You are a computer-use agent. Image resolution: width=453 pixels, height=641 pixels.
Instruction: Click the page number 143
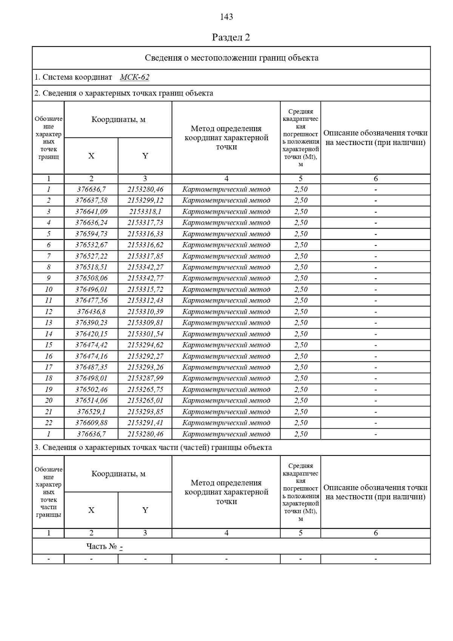click(226, 17)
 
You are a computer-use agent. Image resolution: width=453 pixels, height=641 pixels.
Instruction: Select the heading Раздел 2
click(231, 37)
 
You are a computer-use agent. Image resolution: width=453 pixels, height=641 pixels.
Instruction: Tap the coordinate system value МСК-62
click(134, 77)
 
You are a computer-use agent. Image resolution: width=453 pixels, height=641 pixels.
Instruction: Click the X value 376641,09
click(91, 212)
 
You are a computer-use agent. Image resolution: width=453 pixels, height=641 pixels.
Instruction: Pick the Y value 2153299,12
click(145, 200)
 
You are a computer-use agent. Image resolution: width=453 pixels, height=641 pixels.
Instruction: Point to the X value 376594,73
click(91, 234)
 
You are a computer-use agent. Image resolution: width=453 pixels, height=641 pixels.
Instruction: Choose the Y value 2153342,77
click(145, 278)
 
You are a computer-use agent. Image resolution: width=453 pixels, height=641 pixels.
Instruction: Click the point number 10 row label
click(49, 289)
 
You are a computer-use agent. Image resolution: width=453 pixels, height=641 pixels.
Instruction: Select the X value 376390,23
click(91, 323)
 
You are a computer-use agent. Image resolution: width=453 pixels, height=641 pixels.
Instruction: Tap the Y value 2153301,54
click(145, 334)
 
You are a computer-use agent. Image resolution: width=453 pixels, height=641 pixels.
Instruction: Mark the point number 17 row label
click(49, 367)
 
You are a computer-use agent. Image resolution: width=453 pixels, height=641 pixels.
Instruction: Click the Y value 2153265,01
click(145, 400)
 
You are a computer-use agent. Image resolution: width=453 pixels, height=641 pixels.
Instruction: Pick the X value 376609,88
click(91, 423)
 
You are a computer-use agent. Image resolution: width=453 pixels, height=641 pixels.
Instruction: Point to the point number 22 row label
click(49, 423)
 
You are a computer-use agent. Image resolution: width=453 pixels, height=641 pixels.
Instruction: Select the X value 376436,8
click(91, 312)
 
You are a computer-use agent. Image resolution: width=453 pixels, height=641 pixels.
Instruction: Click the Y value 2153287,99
click(145, 378)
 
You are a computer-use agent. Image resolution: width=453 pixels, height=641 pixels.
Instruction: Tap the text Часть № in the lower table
click(102, 547)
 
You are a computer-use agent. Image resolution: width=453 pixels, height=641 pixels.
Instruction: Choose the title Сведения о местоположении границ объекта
click(231, 58)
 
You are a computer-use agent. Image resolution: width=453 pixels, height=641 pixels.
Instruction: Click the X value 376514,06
click(91, 400)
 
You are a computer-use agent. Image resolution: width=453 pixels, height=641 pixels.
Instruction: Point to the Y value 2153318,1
click(145, 212)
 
